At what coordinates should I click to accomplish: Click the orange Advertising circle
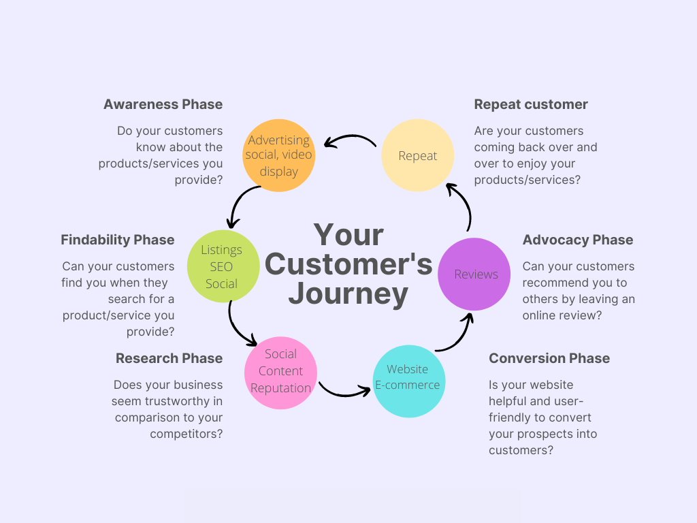[278, 155]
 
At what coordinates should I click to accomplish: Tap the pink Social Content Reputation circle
[280, 373]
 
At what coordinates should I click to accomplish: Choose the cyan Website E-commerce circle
[409, 381]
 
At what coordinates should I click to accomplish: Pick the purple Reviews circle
[474, 274]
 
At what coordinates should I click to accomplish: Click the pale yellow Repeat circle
[417, 156]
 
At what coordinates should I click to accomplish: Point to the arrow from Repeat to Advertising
[350, 139]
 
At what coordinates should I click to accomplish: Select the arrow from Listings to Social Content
[238, 327]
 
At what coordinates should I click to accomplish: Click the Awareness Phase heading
[163, 104]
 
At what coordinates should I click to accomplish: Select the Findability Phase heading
[118, 240]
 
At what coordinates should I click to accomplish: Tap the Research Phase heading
[169, 358]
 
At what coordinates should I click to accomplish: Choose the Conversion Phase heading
[549, 358]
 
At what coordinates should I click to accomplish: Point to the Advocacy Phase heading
[577, 240]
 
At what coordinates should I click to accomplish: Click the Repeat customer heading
[531, 104]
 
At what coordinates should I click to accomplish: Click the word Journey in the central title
[348, 294]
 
